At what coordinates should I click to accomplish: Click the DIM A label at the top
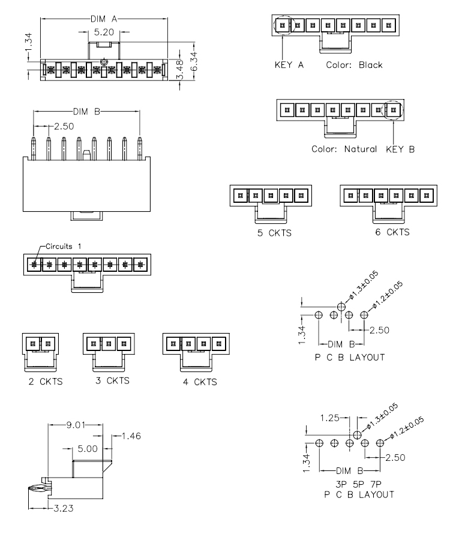[x=104, y=19]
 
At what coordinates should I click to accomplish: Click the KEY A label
[x=289, y=65]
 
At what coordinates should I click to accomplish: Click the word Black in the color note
[x=370, y=65]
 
